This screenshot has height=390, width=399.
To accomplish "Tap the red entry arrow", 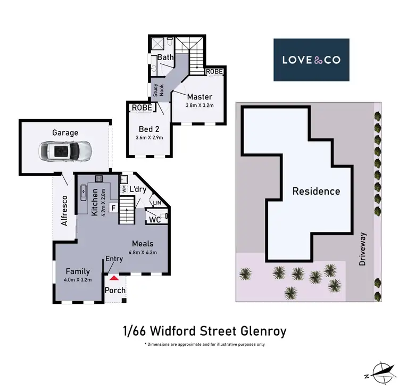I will click(x=113, y=277).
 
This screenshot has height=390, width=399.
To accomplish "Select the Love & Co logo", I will click(x=311, y=60).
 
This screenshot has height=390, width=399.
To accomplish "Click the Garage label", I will click(x=65, y=132).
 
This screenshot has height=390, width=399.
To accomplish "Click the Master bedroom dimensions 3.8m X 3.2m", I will click(x=199, y=105).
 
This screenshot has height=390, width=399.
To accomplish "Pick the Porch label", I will click(x=115, y=291).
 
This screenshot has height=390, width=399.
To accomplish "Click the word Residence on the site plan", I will click(x=316, y=191).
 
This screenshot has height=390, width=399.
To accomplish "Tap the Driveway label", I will click(x=364, y=248).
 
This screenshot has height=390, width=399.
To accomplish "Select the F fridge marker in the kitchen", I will click(x=113, y=208).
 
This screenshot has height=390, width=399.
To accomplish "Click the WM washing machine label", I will click(x=124, y=188).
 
